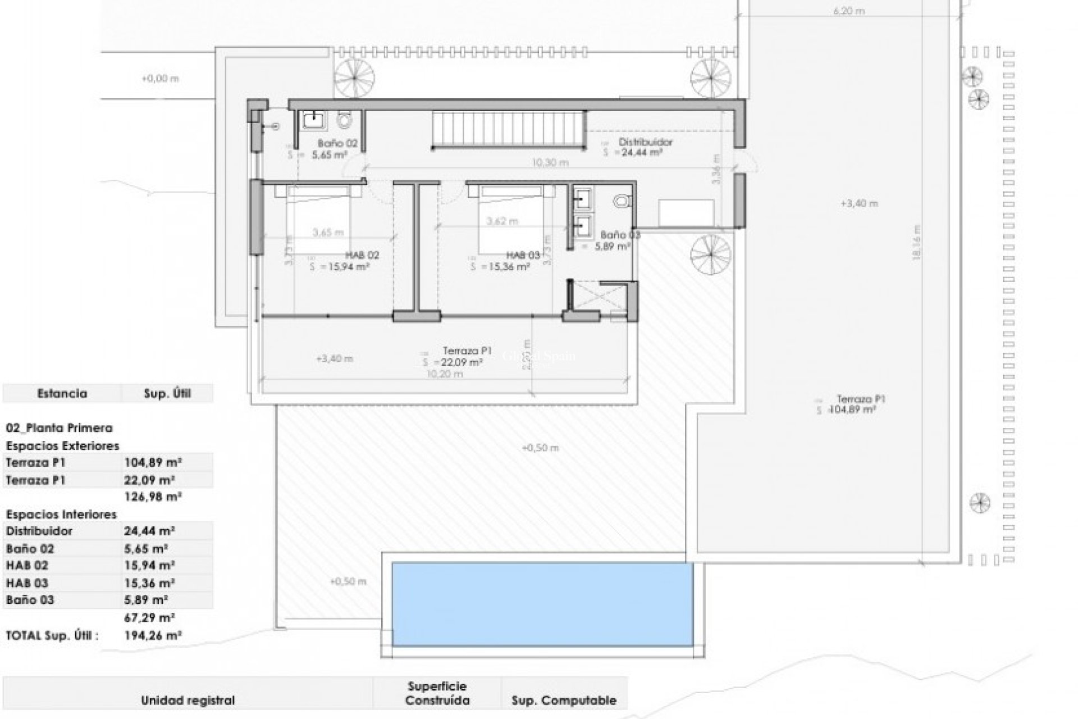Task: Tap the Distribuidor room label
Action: (x=645, y=142)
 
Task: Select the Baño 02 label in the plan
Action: (x=337, y=143)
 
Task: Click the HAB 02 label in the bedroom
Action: (x=362, y=255)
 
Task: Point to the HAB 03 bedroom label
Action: (x=523, y=255)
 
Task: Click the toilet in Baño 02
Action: (x=344, y=120)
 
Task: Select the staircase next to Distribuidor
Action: (x=509, y=129)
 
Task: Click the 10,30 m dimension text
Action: (x=550, y=162)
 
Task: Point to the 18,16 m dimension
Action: (x=917, y=243)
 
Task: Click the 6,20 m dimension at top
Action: (x=848, y=11)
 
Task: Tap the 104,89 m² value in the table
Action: (x=153, y=462)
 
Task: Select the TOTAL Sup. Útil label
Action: (x=52, y=635)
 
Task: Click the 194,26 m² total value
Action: (x=153, y=635)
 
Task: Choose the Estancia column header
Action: (x=62, y=393)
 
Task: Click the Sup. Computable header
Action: (x=564, y=700)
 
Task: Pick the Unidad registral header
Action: (x=188, y=700)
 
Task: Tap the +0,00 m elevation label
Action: (x=160, y=79)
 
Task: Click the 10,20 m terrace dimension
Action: (x=445, y=374)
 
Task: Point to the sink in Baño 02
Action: (x=312, y=119)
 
